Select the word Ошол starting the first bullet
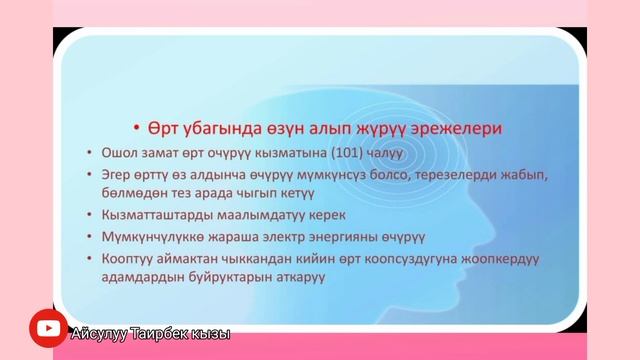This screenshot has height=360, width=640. [119, 153]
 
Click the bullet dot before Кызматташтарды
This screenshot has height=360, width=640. [92, 215]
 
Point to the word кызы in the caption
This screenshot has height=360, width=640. [211, 334]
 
